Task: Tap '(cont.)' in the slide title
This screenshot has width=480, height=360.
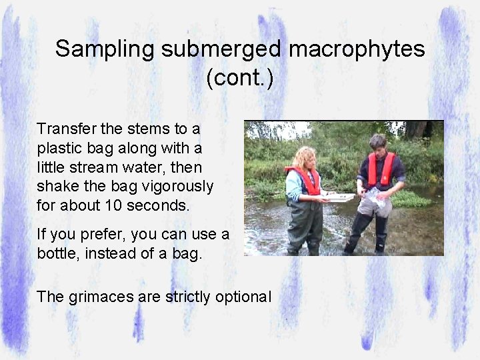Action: click(240, 77)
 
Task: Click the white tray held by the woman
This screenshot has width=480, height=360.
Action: click(338, 197)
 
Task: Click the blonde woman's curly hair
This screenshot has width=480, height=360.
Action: click(305, 158)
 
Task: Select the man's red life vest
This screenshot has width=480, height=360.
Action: click(381, 169)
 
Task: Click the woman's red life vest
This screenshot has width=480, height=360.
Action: click(306, 180)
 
